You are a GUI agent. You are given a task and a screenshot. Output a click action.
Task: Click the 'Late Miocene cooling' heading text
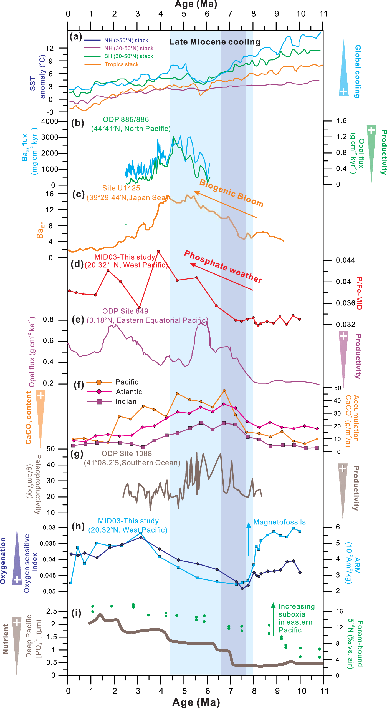point(215,42)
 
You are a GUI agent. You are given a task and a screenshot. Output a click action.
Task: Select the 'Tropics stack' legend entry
point(121,64)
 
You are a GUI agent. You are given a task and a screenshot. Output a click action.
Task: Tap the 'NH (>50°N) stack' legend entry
point(126,41)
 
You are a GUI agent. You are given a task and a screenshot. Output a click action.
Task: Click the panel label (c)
point(78,194)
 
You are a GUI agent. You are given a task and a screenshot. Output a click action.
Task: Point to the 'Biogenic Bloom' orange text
point(231,193)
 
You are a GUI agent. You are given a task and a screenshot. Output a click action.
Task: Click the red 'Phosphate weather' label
point(223,267)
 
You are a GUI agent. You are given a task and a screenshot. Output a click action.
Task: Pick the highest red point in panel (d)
point(158,251)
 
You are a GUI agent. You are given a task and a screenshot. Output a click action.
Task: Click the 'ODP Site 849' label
point(125,311)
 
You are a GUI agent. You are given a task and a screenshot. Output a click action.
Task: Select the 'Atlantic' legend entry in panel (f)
point(129,392)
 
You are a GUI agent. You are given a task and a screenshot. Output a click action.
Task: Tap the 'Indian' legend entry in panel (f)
point(126,401)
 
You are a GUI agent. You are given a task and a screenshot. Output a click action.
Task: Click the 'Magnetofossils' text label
point(279,522)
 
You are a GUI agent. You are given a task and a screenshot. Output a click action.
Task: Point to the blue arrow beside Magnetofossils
point(249,539)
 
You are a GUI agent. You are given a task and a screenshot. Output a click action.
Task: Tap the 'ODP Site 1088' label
point(127,454)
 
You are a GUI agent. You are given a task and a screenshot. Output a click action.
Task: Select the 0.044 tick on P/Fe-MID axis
point(345,260)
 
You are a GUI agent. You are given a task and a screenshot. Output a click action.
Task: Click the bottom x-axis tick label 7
point(231,691)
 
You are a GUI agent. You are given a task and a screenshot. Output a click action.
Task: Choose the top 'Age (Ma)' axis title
point(196,4)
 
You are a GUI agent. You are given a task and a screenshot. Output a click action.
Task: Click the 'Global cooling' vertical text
point(358,71)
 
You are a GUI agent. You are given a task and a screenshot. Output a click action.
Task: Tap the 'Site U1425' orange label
point(121,188)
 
